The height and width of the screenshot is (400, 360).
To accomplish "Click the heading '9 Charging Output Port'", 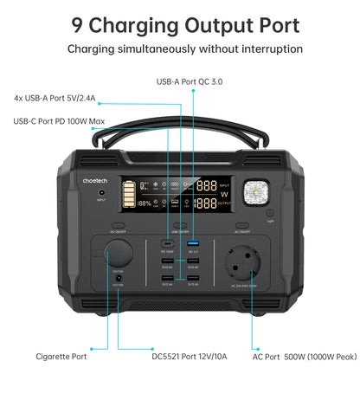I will [x=180, y=24].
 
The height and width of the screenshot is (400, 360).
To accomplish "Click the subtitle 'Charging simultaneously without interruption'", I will [x=180, y=49].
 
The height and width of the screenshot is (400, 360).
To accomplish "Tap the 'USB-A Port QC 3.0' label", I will [x=189, y=81].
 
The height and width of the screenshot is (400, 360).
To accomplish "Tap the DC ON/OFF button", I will [x=118, y=225].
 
